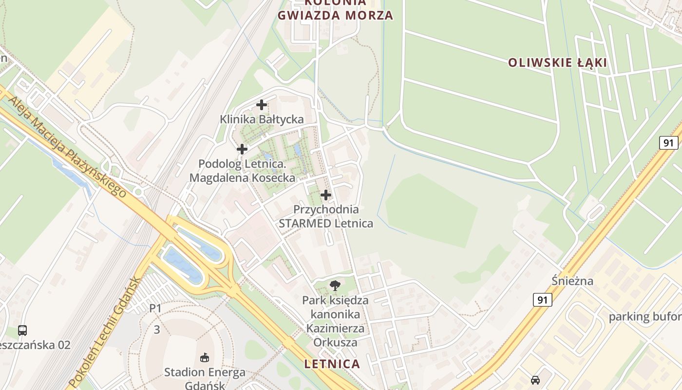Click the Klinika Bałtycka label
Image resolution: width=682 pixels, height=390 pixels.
tap(262, 119)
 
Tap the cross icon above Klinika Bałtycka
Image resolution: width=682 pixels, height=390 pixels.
tap(262, 104)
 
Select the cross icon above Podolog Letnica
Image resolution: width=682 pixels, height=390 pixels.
tap(242, 149)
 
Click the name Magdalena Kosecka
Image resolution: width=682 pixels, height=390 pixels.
tap(242, 178)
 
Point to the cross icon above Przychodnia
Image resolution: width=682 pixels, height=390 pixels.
tap(325, 195)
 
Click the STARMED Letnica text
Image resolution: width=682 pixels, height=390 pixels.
tap(325, 224)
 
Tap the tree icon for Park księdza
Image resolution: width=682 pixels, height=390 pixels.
tap(335, 285)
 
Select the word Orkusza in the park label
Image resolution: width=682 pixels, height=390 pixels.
tap(335, 342)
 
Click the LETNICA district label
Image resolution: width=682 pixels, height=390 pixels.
tap(332, 364)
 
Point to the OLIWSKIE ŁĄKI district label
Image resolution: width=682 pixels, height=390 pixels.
tap(557, 63)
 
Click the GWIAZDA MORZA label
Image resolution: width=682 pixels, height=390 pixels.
tap(335, 16)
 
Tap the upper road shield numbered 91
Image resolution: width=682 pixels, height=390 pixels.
tap(669, 143)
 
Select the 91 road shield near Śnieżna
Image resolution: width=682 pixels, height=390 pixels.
tap(542, 299)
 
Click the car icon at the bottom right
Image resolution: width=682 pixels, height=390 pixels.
tap(535, 380)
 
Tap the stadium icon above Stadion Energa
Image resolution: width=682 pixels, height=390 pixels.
tap(205, 358)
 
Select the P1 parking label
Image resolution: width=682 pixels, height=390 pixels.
tap(155, 308)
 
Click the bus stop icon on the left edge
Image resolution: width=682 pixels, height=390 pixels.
tap(22, 330)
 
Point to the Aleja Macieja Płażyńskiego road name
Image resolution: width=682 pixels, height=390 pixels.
tap(68, 147)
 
